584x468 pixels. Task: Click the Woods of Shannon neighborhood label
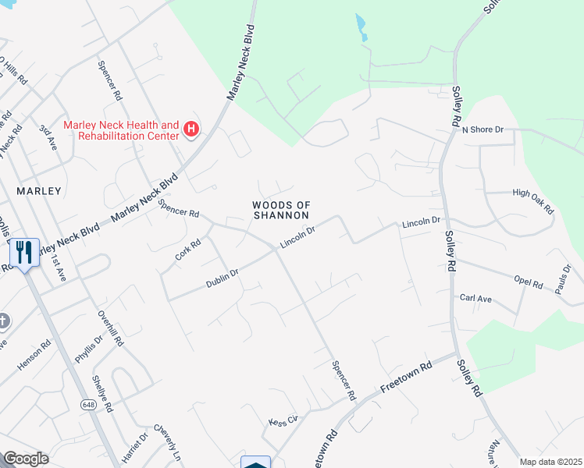[x=281, y=210]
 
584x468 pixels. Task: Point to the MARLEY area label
[x=38, y=190]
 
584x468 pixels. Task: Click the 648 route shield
[x=87, y=404]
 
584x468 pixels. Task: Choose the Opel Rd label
[x=528, y=281]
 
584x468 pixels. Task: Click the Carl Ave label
[x=475, y=298]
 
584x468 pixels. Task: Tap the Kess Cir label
[x=283, y=420]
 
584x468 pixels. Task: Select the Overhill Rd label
[x=112, y=326]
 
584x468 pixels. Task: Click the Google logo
[x=26, y=459]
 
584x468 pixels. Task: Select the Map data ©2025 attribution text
[x=550, y=462]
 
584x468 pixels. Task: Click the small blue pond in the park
[x=361, y=28]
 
